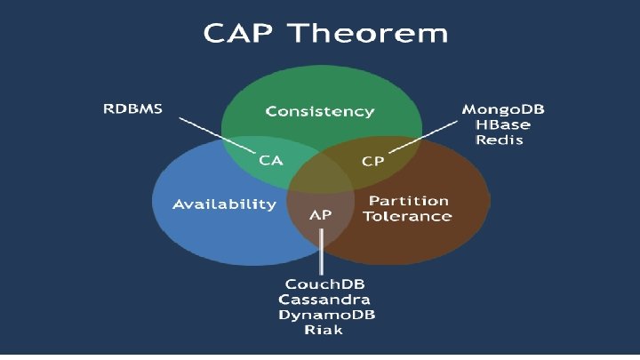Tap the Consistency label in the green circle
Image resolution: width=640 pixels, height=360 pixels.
pos(320,112)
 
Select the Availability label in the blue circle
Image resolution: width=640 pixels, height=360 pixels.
pos(224,204)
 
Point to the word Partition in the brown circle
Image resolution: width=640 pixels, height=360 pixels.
pos(409,200)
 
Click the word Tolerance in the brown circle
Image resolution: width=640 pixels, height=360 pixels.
pos(411,216)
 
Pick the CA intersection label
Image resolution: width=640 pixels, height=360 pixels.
pos(271,161)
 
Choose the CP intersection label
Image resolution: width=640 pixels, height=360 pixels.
pos(374,161)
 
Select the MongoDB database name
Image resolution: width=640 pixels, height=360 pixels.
pos(503,109)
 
